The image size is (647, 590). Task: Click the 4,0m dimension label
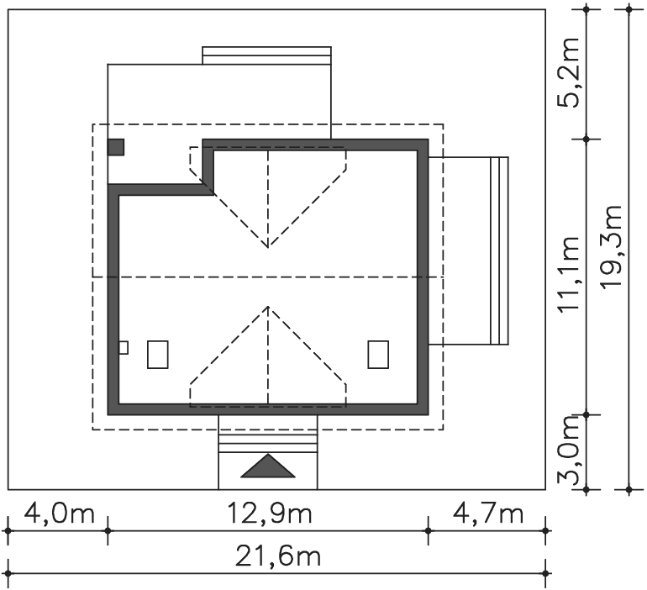coord(60,514)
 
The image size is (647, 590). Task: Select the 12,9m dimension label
coord(270,514)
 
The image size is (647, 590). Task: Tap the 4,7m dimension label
coord(488,514)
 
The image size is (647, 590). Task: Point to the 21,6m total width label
coord(277,556)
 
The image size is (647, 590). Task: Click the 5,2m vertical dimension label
coord(568,72)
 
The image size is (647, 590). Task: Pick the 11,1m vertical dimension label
coord(568,274)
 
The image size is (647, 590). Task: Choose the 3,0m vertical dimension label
coord(568,449)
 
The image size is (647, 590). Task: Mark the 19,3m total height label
coord(611,247)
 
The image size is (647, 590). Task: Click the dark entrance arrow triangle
coord(268,466)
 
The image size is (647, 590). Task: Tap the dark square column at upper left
coord(116,147)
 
